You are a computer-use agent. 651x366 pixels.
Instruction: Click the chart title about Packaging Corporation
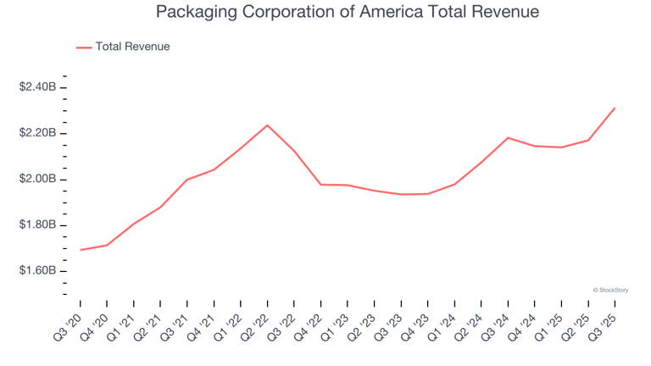click(x=348, y=13)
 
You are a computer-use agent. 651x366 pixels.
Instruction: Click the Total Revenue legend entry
click(x=132, y=47)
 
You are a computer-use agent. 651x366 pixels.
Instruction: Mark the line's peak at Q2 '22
click(x=268, y=125)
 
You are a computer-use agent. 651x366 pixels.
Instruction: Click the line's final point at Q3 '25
click(x=615, y=108)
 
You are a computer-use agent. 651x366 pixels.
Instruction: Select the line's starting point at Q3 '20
click(x=81, y=250)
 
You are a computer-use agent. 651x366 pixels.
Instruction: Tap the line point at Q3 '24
click(x=508, y=137)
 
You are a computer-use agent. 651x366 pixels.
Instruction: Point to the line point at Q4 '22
click(x=321, y=184)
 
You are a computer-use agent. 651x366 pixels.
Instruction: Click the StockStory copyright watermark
click(x=610, y=290)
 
